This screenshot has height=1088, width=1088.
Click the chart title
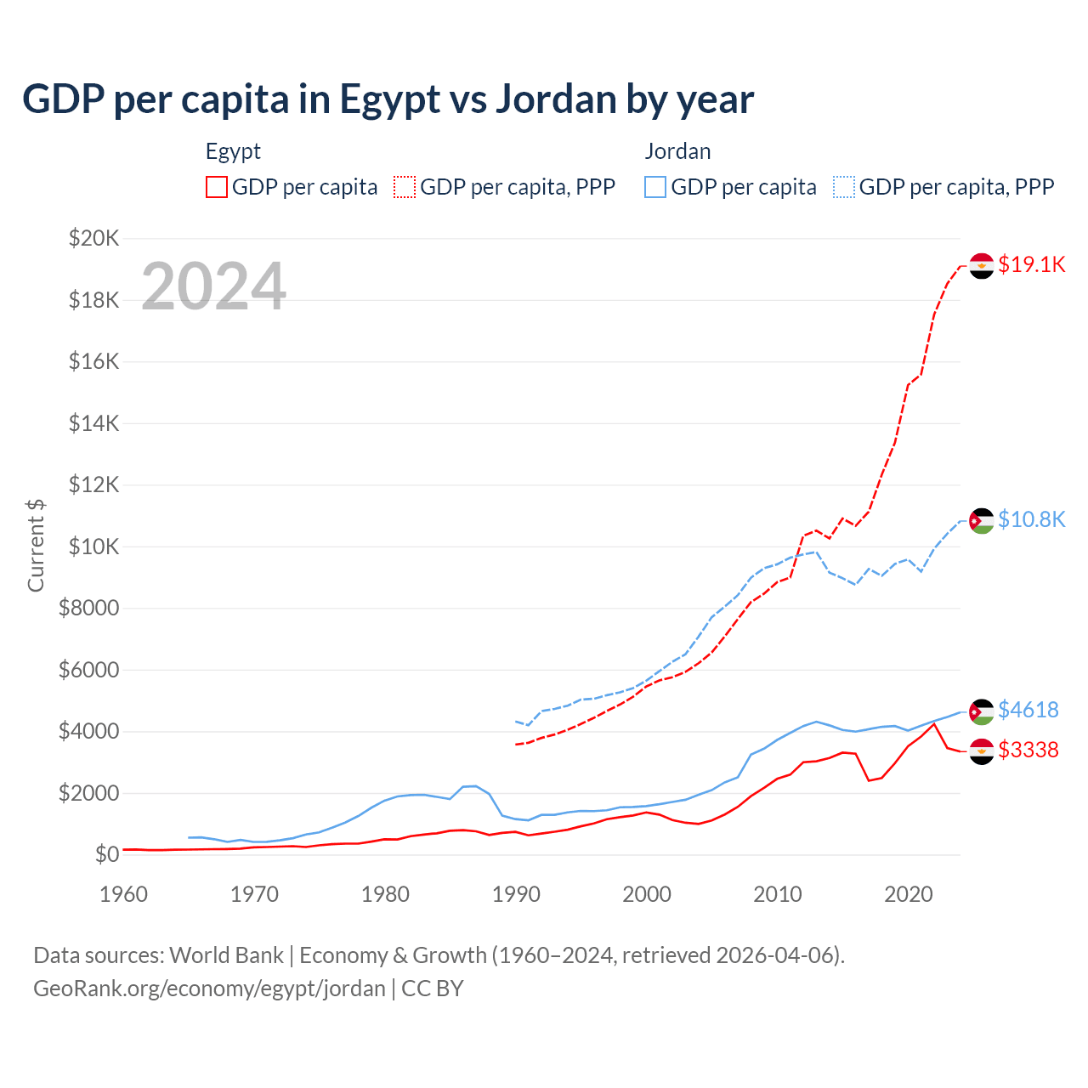pyautogui.click(x=388, y=99)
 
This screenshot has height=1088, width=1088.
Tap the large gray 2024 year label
pyautogui.click(x=213, y=286)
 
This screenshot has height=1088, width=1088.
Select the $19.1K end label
pyautogui.click(x=1031, y=264)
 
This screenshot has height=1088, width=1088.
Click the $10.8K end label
pyautogui.click(x=1031, y=519)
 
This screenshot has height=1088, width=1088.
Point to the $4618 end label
pyautogui.click(x=1028, y=710)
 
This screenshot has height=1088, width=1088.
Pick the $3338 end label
pyautogui.click(x=1028, y=750)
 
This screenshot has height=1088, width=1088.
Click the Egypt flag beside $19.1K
pyautogui.click(x=982, y=266)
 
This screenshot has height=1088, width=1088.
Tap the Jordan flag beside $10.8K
pyautogui.click(x=982, y=520)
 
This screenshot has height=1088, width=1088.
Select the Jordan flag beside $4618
pyautogui.click(x=982, y=711)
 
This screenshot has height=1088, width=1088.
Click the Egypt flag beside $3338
pyautogui.click(x=982, y=751)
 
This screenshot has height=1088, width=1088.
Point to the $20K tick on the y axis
pyautogui.click(x=93, y=238)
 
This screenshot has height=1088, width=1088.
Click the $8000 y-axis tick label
pyautogui.click(x=89, y=609)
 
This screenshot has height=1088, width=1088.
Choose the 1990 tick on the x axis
pyautogui.click(x=516, y=894)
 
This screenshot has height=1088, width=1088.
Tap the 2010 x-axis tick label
pyautogui.click(x=778, y=894)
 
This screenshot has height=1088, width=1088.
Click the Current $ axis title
pyautogui.click(x=36, y=546)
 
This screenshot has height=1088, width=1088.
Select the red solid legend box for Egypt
pyautogui.click(x=217, y=187)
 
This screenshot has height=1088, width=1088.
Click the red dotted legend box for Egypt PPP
pyautogui.click(x=405, y=187)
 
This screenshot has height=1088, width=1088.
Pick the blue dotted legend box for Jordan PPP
pyautogui.click(x=844, y=187)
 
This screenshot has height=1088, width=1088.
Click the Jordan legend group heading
pyautogui.click(x=677, y=151)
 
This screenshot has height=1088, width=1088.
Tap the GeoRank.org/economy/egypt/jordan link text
pyautogui.click(x=209, y=989)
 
